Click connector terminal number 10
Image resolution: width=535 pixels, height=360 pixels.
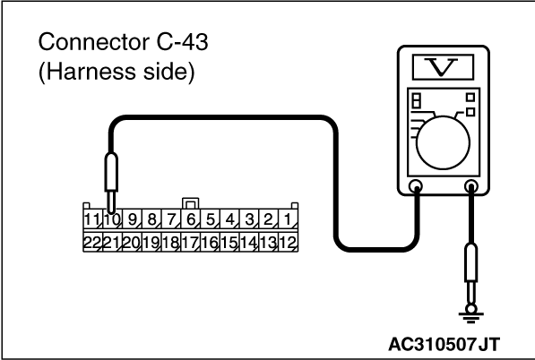click(x=113, y=219)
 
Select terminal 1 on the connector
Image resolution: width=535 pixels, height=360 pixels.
click(x=289, y=219)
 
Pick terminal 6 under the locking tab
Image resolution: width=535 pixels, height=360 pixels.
click(x=191, y=219)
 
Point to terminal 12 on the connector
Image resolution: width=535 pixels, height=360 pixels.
click(x=289, y=243)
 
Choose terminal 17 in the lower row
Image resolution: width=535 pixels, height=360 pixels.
click(x=191, y=243)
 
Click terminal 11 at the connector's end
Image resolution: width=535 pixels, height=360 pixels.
click(x=93, y=219)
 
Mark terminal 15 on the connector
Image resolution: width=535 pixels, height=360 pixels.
click(x=229, y=243)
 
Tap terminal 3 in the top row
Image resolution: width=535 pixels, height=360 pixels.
click(x=249, y=219)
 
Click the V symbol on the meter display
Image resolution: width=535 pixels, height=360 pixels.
click(x=443, y=67)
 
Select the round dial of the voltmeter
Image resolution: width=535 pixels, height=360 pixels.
click(x=443, y=142)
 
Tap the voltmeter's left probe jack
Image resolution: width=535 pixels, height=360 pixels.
click(x=416, y=187)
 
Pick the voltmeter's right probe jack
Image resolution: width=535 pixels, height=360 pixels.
click(x=471, y=187)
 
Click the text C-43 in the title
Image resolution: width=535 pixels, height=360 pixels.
click(x=182, y=42)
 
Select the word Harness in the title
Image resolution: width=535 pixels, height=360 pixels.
click(x=91, y=72)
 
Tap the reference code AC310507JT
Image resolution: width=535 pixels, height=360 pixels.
click(x=444, y=344)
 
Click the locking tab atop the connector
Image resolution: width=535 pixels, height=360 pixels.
click(x=191, y=203)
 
